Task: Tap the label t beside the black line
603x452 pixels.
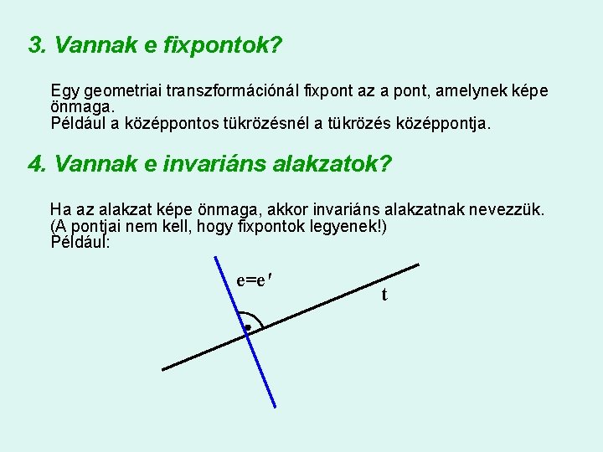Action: (384, 295)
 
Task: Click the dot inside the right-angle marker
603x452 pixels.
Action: (247, 327)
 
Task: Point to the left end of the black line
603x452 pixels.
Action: (164, 368)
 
